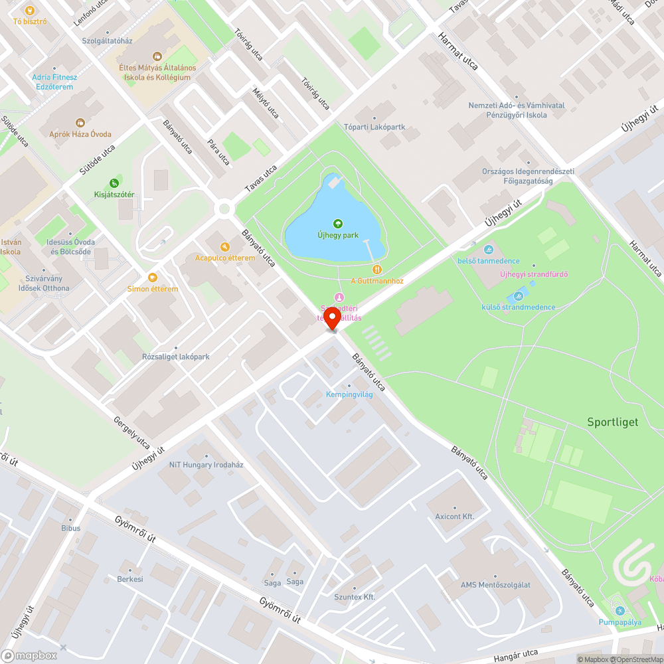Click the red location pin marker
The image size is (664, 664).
click(x=332, y=319)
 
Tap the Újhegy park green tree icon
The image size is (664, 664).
click(x=337, y=223)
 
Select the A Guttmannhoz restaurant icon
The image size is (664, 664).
click(x=377, y=270)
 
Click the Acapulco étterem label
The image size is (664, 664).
click(x=224, y=258)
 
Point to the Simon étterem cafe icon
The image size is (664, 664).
click(x=153, y=278)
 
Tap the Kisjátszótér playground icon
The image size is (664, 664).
click(x=114, y=183)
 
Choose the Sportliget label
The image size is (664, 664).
click(x=612, y=422)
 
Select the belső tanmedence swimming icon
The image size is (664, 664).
click(x=489, y=250)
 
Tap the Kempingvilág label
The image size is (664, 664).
click(x=349, y=394)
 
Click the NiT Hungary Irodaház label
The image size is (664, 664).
click(x=207, y=465)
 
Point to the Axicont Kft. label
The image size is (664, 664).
click(x=455, y=516)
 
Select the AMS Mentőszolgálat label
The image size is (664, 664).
click(x=495, y=584)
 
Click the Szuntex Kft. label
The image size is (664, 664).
click(x=355, y=597)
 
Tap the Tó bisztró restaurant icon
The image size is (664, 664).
click(x=29, y=10)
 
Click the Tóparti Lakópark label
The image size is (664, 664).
click(x=374, y=127)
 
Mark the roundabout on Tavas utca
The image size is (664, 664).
click(x=224, y=209)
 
